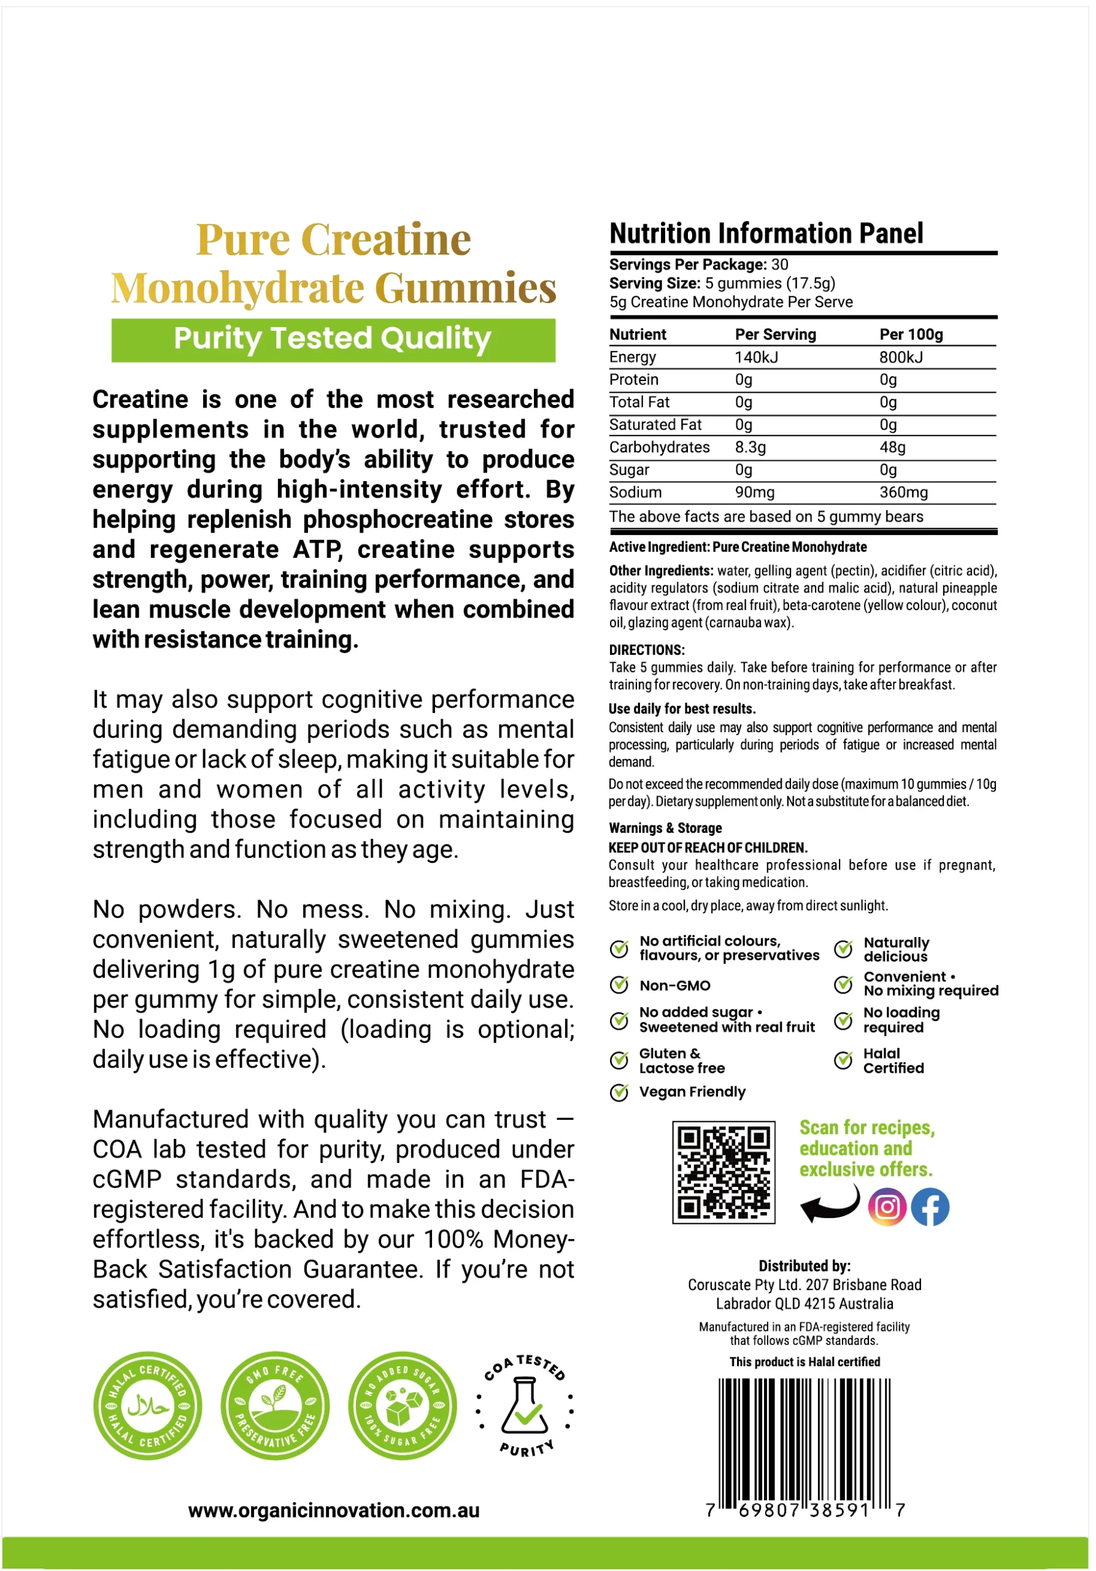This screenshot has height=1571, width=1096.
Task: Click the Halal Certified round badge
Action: [x=148, y=1406]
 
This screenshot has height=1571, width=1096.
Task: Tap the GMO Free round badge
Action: [x=275, y=1406]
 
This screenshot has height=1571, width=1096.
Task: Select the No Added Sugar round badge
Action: [x=403, y=1406]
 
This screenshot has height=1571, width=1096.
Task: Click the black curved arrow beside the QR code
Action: [x=830, y=1203]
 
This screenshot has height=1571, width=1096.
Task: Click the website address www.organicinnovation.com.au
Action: [x=334, y=1510]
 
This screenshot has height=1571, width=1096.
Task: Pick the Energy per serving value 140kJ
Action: [x=756, y=357]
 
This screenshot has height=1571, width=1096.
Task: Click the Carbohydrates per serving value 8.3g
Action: [x=751, y=447]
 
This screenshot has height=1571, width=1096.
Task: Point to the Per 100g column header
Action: [x=911, y=334]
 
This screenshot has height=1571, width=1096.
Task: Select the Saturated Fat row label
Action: [x=655, y=425]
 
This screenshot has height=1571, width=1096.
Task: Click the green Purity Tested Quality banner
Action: [x=333, y=339]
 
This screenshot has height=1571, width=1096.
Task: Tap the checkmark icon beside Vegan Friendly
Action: [x=619, y=1092]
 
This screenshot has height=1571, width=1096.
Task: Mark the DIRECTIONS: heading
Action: [x=647, y=650]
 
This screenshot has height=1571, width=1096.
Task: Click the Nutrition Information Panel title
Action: [x=766, y=233]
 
